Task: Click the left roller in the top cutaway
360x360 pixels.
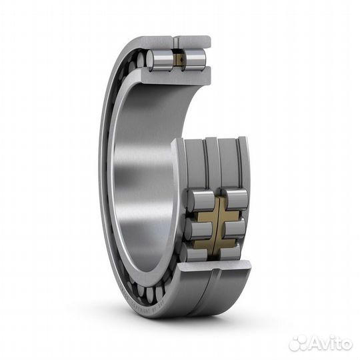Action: [x=160, y=60]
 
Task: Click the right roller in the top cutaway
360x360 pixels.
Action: [x=195, y=60]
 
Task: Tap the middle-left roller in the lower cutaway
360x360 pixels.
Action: [x=198, y=229]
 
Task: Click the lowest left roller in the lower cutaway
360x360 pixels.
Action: [x=196, y=253]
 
